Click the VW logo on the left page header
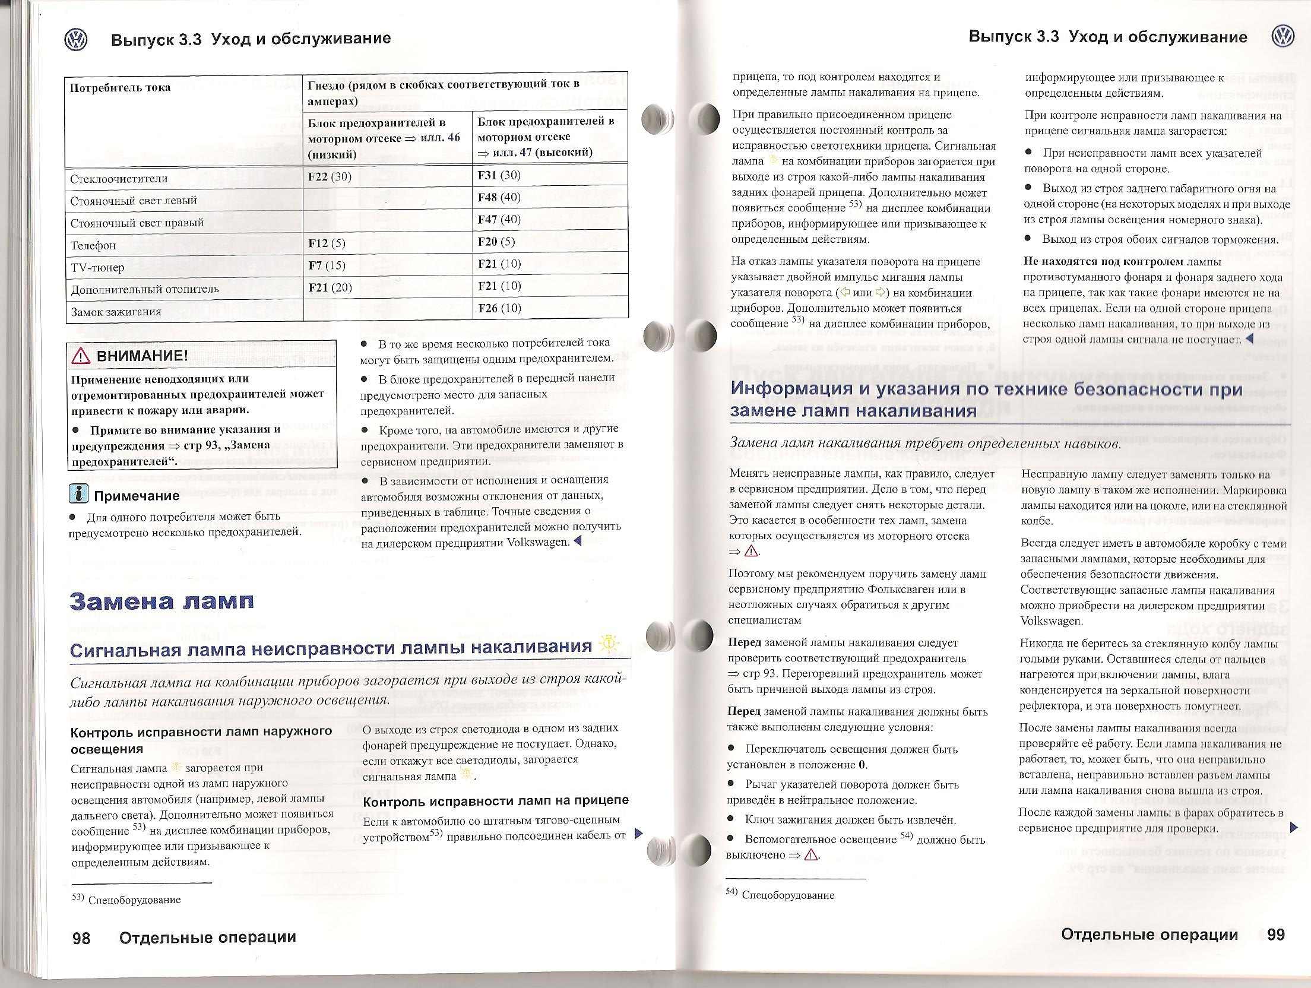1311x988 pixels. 75,40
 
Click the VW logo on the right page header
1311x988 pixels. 1282,37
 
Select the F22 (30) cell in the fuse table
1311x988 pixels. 330,176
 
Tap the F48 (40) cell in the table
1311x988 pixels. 499,197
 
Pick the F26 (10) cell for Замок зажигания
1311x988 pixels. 499,308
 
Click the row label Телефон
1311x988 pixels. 93,245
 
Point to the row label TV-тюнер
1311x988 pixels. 97,267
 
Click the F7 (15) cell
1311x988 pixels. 327,265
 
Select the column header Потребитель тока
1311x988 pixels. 121,88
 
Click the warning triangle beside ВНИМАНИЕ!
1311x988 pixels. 80,356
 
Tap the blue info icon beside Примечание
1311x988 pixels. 78,494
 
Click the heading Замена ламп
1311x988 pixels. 161,601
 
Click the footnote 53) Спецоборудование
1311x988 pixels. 126,900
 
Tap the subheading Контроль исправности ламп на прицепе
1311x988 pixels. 495,801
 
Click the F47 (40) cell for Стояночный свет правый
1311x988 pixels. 499,219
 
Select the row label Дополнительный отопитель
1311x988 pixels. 145,290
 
